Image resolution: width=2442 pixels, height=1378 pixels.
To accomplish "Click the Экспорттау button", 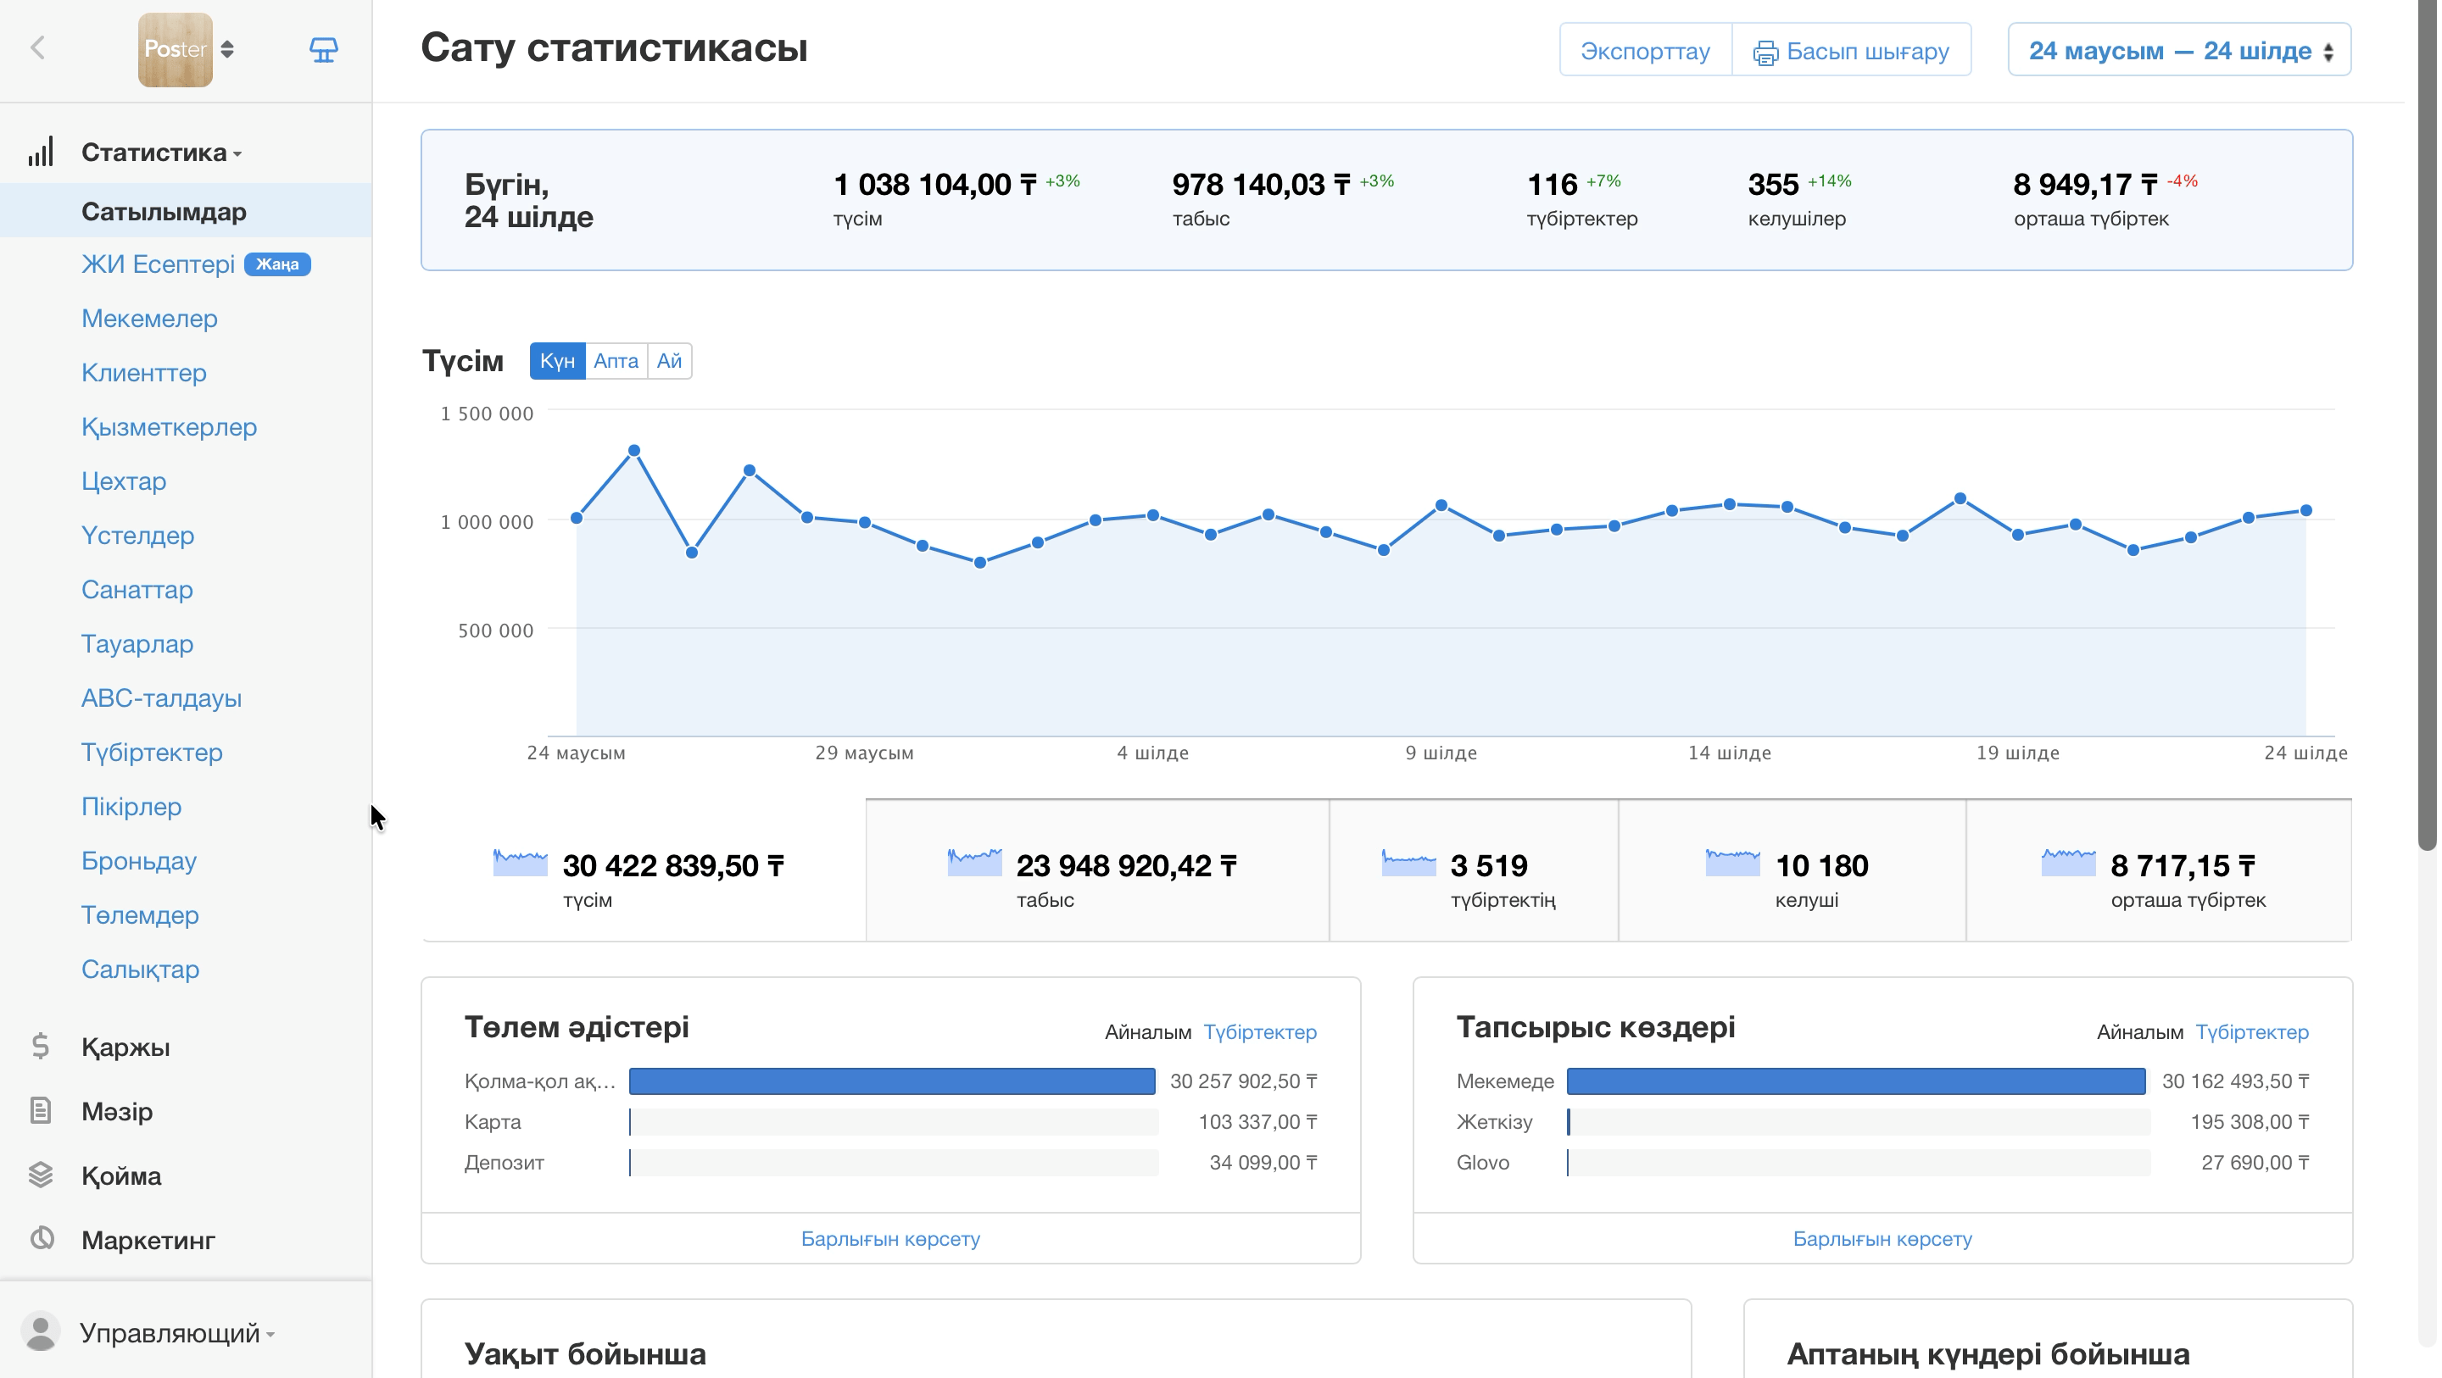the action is click(x=1645, y=50).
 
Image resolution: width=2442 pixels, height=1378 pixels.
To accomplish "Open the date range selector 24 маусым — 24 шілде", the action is click(x=2178, y=50).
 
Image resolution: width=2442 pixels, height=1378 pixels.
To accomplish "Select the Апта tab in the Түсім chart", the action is click(x=616, y=361).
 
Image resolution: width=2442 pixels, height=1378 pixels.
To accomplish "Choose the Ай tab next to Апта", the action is click(x=669, y=361).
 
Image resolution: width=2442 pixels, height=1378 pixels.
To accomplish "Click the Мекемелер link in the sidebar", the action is click(x=150, y=319).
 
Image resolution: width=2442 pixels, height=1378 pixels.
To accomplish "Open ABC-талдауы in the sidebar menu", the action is click(x=161, y=698).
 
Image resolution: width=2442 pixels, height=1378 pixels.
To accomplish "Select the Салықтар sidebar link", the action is click(x=140, y=970).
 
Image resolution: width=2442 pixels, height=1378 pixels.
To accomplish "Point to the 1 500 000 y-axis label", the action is click(x=487, y=414).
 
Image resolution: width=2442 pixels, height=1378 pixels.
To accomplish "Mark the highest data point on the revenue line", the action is click(x=634, y=451).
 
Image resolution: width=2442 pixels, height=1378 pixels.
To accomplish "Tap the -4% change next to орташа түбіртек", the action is click(x=2183, y=180).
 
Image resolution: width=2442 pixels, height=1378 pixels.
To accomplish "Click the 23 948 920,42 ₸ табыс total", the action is click(x=1126, y=865).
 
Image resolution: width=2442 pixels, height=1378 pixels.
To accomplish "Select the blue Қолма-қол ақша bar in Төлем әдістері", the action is click(x=892, y=1081).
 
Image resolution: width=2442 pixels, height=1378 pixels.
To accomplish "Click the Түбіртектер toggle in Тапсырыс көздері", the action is click(x=2252, y=1032).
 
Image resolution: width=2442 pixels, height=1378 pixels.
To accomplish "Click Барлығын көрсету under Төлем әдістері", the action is click(x=891, y=1239).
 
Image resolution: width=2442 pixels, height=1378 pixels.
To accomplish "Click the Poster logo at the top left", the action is click(x=176, y=49).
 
